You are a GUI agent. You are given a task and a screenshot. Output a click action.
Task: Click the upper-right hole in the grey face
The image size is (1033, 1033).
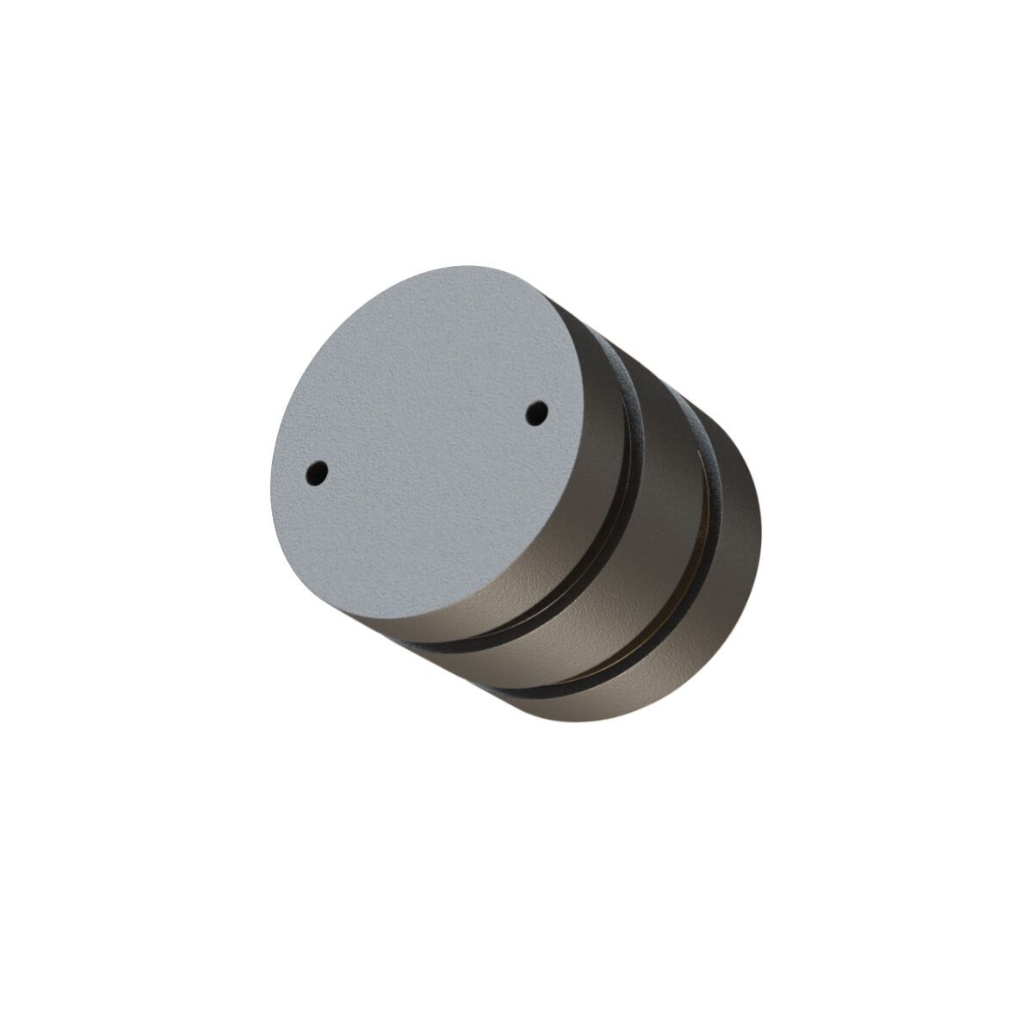537,411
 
